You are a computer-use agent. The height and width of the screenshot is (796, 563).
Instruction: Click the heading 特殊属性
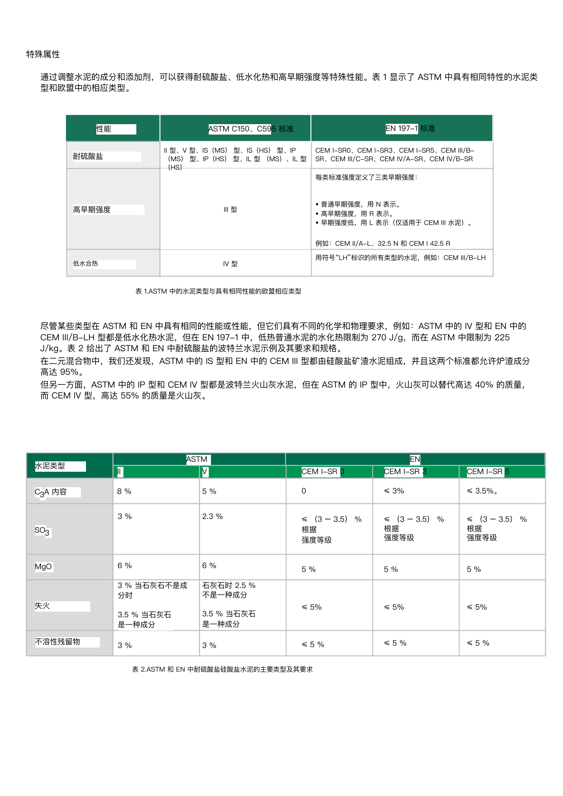[43, 54]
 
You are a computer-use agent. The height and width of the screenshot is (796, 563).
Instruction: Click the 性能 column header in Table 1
[104, 129]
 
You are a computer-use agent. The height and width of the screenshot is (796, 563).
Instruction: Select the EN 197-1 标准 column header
[410, 128]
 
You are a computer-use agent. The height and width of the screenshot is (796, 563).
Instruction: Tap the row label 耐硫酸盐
[88, 156]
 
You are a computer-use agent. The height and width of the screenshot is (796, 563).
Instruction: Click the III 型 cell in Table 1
[230, 210]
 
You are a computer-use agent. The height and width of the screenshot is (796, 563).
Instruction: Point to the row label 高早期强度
[92, 210]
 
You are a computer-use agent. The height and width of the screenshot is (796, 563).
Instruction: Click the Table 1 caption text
[218, 291]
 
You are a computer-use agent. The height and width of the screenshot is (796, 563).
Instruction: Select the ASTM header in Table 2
[196, 459]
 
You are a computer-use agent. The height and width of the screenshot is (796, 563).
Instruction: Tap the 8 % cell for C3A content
[124, 492]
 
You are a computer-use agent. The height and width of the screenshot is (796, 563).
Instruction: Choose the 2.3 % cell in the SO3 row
[212, 516]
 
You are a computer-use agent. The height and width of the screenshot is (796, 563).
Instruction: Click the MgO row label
[43, 567]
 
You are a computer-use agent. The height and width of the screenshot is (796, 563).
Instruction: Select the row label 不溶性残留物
[58, 642]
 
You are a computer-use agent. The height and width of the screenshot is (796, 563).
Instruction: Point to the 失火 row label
[42, 606]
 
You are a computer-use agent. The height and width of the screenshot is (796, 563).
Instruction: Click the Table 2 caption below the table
[222, 669]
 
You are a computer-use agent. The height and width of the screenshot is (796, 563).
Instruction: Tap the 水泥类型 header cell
[50, 466]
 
